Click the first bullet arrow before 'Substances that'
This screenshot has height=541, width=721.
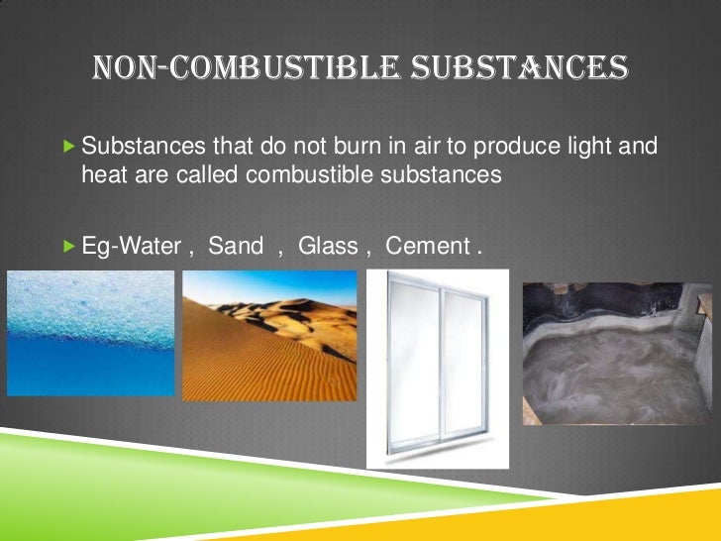68,147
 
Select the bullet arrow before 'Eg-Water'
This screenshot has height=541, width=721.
68,245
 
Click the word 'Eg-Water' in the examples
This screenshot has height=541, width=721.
130,245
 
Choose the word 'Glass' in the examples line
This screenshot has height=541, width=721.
328,245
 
